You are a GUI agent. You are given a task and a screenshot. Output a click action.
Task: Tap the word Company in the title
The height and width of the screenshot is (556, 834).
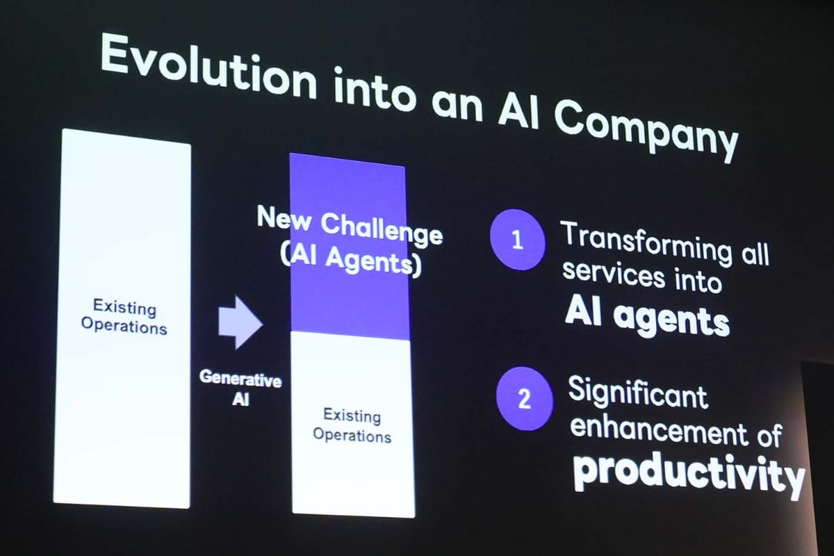[647, 133]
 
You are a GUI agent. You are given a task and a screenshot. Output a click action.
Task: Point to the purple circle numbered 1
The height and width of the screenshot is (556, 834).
[518, 240]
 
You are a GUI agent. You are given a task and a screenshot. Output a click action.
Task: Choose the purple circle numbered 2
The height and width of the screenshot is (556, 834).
[524, 399]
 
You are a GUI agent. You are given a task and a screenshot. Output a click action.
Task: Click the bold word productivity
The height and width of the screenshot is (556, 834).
[688, 476]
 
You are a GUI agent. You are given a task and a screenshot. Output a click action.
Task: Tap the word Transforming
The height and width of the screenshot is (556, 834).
[647, 244]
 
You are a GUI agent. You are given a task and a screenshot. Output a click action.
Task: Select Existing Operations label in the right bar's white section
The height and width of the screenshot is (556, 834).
[352, 425]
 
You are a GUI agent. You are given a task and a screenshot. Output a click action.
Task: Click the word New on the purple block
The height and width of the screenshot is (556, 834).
[284, 218]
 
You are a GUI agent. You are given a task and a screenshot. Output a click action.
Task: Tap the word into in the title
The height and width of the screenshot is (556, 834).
[374, 89]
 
